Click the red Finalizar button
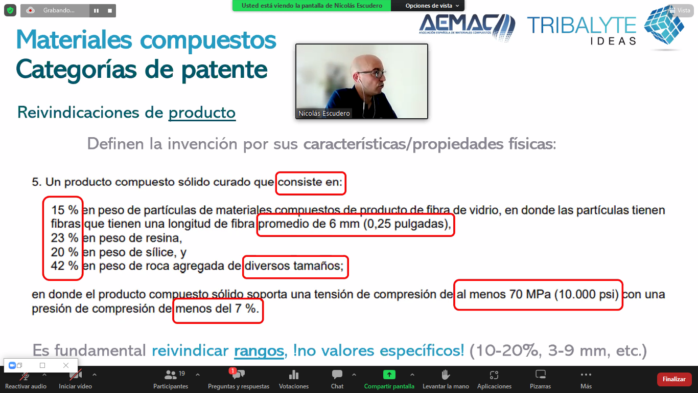coord(673,379)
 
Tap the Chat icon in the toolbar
coord(337,374)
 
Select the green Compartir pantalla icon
coord(389,374)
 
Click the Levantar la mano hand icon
coord(446,374)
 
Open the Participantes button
coord(171,379)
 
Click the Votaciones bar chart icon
coord(293,374)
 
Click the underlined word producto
coord(202,113)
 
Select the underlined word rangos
coord(259,351)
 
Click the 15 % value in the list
coord(64,210)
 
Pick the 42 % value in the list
coord(64,266)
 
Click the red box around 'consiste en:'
coord(311,172)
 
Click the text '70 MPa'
coord(530,294)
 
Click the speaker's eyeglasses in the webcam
coord(372,74)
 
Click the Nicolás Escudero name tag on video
coord(324,113)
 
